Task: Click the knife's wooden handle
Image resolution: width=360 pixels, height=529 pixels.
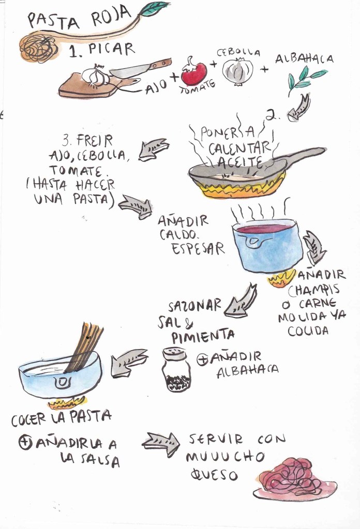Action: pyautogui.click(x=161, y=64)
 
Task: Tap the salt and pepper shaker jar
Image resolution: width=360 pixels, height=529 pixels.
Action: pyautogui.click(x=175, y=370)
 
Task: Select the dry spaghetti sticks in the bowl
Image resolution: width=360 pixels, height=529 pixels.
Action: pyautogui.click(x=84, y=347)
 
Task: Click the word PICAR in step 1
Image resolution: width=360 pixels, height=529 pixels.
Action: pyautogui.click(x=111, y=50)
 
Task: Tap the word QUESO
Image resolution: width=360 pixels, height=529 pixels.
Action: pyautogui.click(x=214, y=475)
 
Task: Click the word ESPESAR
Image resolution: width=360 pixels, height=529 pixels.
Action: pyautogui.click(x=198, y=249)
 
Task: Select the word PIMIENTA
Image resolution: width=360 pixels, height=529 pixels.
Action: pyautogui.click(x=203, y=336)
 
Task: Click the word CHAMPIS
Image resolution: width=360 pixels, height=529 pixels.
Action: pyautogui.click(x=314, y=290)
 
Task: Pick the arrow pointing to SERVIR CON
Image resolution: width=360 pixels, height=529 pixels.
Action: pyautogui.click(x=160, y=444)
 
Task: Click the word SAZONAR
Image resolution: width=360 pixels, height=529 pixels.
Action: pyautogui.click(x=194, y=306)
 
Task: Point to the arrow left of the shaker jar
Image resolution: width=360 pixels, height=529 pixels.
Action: pyautogui.click(x=129, y=362)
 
